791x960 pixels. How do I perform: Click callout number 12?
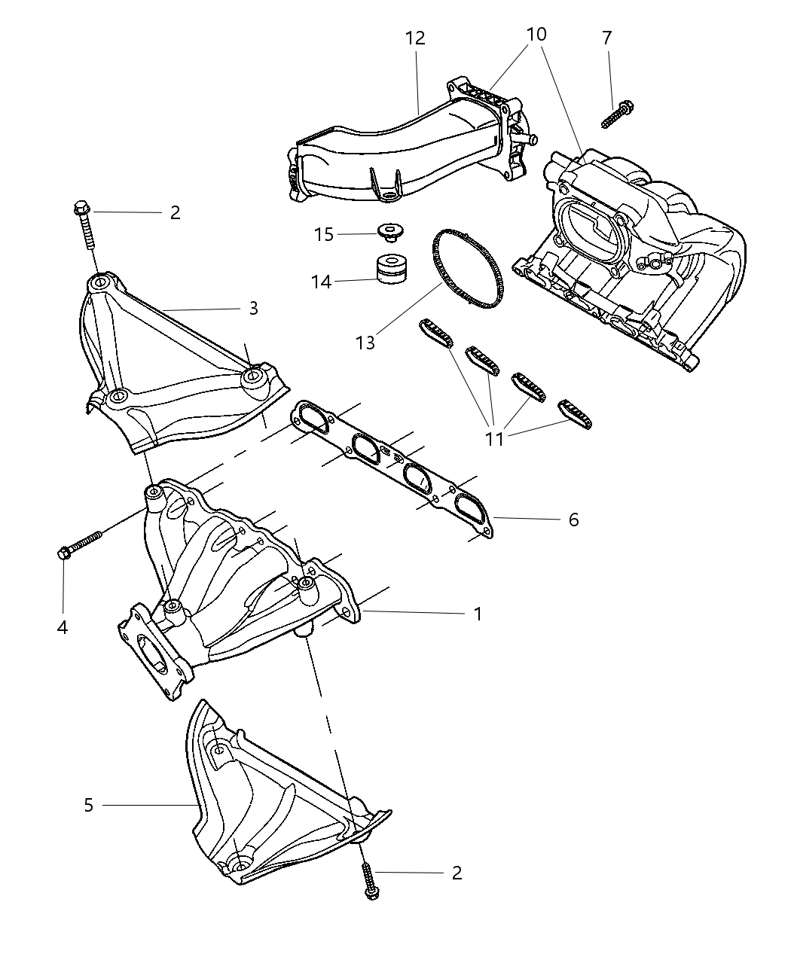pyautogui.click(x=414, y=38)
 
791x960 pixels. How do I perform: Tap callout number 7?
pyautogui.click(x=606, y=38)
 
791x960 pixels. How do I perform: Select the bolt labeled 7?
pyautogui.click(x=617, y=114)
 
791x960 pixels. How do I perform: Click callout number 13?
pyautogui.click(x=365, y=343)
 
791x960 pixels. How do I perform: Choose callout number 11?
pyautogui.click(x=494, y=438)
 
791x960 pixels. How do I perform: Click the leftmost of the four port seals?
pyautogui.click(x=435, y=333)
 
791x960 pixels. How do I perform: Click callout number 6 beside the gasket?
pyautogui.click(x=573, y=520)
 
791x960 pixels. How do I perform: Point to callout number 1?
pyautogui.click(x=477, y=614)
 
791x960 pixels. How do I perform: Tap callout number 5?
pyautogui.click(x=89, y=805)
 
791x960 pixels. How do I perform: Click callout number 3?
pyautogui.click(x=253, y=308)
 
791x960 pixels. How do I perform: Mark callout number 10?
pyautogui.click(x=536, y=35)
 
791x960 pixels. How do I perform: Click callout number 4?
pyautogui.click(x=63, y=626)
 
